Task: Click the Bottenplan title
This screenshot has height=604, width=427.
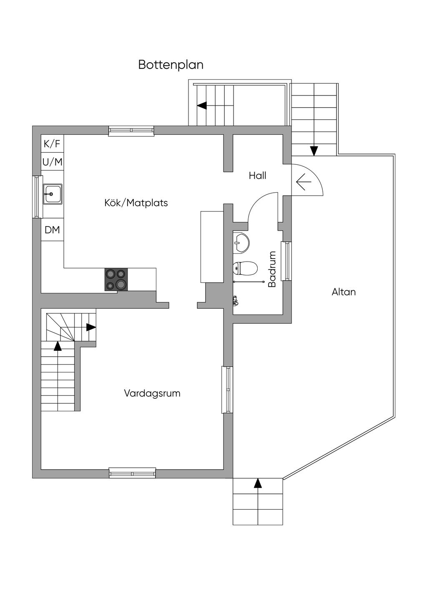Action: click(171, 65)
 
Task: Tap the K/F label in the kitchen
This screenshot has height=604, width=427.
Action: click(52, 144)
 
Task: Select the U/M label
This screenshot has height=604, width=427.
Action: click(52, 162)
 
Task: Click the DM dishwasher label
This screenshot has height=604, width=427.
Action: click(52, 230)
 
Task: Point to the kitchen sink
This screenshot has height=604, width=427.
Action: click(53, 194)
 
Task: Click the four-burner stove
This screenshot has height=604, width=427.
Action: click(116, 279)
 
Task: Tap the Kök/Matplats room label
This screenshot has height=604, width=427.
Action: click(136, 203)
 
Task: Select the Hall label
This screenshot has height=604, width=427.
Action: click(257, 176)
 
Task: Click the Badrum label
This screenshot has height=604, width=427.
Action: click(272, 269)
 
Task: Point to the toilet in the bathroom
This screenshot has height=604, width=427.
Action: click(245, 268)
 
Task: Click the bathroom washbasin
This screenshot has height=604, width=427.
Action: click(241, 243)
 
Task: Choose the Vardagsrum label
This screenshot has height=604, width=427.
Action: click(152, 393)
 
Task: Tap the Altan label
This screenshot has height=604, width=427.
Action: click(344, 292)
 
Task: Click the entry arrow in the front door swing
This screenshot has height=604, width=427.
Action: click(304, 182)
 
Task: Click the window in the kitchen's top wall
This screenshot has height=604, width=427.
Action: click(131, 131)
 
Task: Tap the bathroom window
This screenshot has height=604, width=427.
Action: click(286, 261)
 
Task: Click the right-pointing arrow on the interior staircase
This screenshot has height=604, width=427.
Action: click(91, 327)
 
